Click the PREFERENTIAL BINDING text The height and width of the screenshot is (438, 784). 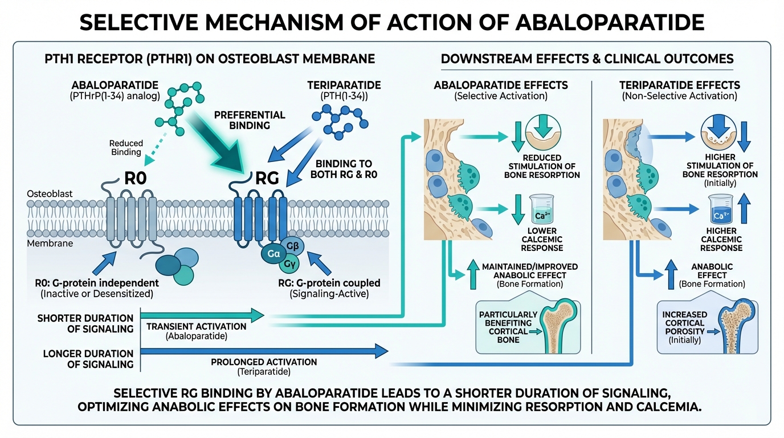coord(249,119)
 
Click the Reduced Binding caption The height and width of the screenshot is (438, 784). coord(126,148)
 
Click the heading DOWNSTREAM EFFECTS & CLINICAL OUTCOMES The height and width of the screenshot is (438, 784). coord(587,59)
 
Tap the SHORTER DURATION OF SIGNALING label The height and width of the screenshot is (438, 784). coord(85,323)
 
